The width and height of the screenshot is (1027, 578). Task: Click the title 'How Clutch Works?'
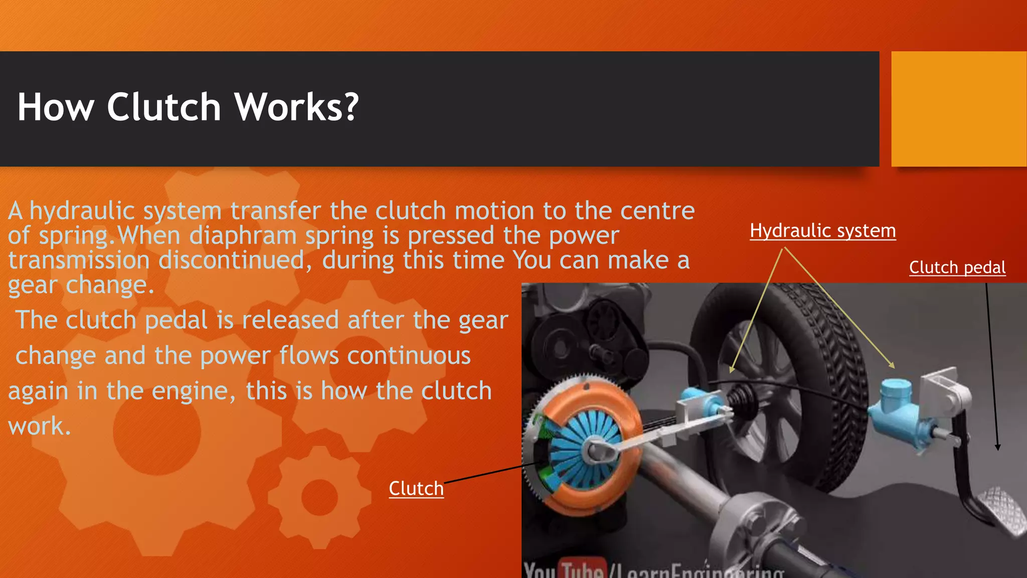tap(188, 107)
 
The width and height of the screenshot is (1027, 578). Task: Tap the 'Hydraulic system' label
tap(822, 231)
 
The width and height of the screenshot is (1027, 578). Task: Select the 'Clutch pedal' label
tap(957, 267)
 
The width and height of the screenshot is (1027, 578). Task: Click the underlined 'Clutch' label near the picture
tap(416, 488)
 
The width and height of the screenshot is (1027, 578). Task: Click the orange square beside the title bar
tap(958, 109)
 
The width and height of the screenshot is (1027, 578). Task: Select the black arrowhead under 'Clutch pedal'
tap(997, 447)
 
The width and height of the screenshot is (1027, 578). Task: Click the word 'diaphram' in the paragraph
tap(243, 236)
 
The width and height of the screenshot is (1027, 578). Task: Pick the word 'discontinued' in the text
tap(231, 260)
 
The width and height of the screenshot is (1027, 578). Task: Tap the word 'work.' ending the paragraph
tap(40, 426)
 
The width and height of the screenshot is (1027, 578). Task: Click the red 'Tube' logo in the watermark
tap(582, 570)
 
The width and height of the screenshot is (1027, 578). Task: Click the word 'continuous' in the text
tap(409, 356)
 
